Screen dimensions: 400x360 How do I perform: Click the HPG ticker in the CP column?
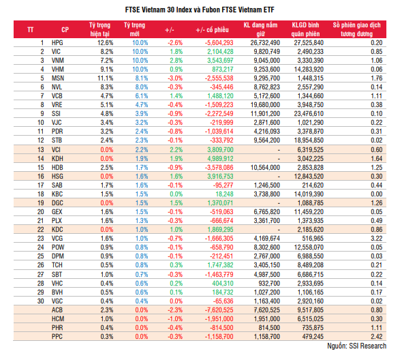(57, 43)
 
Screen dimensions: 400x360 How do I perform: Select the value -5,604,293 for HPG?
(219, 43)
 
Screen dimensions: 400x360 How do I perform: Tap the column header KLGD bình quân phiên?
(305, 29)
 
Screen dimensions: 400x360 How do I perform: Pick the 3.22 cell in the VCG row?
(377, 238)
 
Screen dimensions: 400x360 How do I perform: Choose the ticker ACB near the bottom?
(57, 310)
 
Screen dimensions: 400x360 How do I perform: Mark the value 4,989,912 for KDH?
(220, 159)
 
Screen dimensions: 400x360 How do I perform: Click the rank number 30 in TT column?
(41, 301)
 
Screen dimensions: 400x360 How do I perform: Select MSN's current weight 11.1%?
(105, 78)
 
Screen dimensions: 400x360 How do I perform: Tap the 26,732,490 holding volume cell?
(265, 43)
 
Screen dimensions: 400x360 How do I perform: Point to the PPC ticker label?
(57, 336)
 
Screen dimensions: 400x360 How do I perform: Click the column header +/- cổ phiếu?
(212, 30)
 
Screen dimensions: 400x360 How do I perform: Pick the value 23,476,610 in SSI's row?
(309, 114)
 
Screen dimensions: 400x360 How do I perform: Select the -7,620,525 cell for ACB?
(219, 310)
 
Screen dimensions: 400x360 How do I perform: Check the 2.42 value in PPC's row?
(377, 336)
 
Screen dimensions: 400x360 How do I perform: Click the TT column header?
(31, 30)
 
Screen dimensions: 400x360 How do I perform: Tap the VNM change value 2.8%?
(176, 61)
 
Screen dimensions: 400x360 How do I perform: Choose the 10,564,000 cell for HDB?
(265, 168)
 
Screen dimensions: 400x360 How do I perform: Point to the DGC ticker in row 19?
(57, 203)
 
